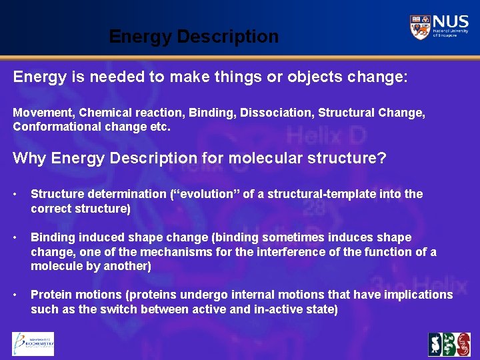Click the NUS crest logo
421,27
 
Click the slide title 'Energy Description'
193,37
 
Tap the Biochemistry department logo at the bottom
33,344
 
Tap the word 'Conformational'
55,127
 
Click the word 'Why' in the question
29,159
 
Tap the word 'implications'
414,295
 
